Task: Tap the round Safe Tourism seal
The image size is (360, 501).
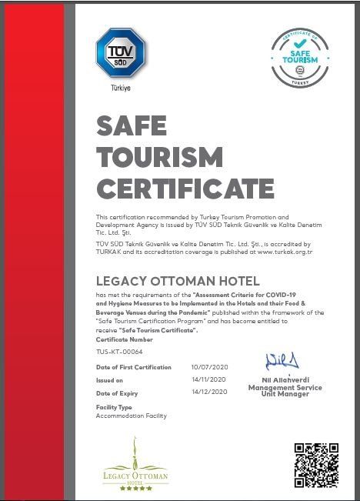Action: pos(300,54)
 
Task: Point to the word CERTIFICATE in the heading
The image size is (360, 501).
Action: pos(185,188)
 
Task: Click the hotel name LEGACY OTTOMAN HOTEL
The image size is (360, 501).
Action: pos(178,281)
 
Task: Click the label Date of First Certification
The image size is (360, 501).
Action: pos(133,367)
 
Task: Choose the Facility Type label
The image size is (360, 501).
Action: pos(114,406)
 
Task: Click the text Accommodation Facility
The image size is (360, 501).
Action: pos(131,416)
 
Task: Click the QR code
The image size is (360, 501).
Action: pos(316,465)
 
